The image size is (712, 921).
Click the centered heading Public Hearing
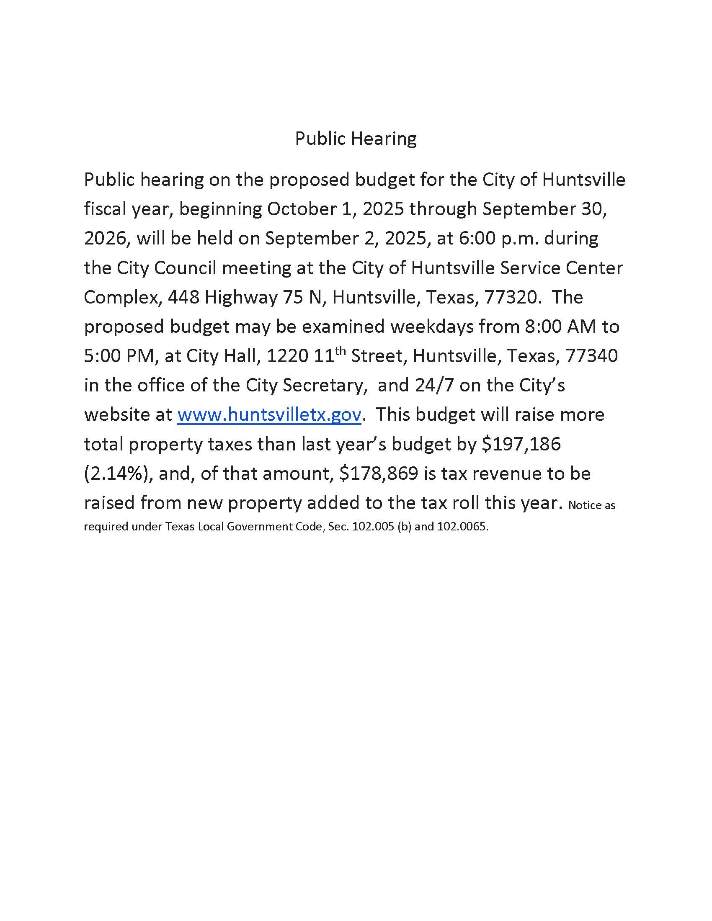click(x=356, y=139)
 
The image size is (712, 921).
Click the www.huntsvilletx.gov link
click(x=269, y=414)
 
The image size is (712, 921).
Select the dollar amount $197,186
click(x=521, y=444)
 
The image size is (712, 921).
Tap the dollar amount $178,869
click(x=379, y=473)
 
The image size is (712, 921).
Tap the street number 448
click(x=183, y=297)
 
